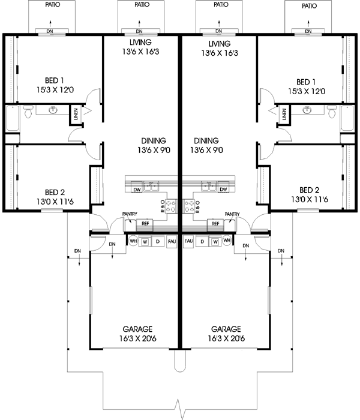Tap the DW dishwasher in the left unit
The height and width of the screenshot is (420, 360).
137,190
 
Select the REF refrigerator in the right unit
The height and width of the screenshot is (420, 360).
215,223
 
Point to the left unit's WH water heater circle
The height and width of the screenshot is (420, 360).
133,241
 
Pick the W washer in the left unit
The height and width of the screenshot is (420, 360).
145,241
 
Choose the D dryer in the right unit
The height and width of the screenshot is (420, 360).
202,241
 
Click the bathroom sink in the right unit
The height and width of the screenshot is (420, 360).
307,110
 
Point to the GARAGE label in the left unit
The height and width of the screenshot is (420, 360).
138,329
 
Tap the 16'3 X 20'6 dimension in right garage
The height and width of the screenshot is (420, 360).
226,338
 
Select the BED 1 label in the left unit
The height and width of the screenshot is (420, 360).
54,82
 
